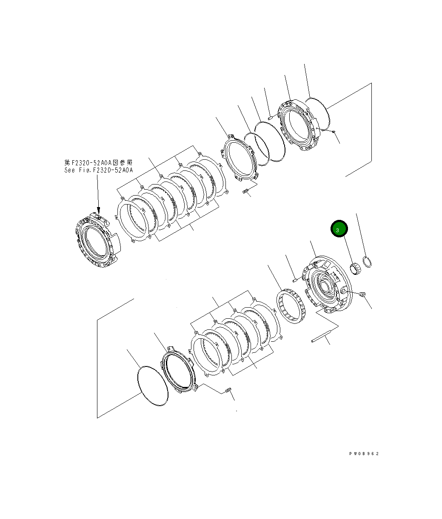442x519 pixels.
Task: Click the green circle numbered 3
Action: [x=339, y=229]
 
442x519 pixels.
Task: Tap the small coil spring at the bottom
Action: [x=228, y=390]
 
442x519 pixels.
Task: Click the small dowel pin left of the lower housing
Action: [x=296, y=280]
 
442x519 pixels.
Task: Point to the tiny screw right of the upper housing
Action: [x=334, y=131]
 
